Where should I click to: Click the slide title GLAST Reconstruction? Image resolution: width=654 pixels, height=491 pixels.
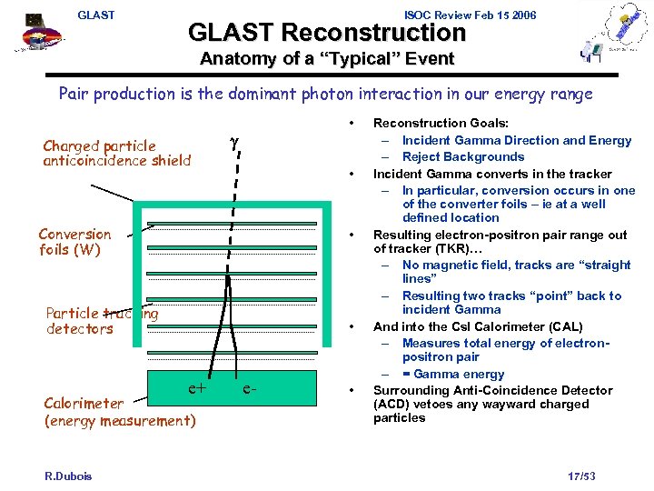click(x=326, y=34)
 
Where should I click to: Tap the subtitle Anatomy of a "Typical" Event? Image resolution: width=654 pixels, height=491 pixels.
click(x=326, y=60)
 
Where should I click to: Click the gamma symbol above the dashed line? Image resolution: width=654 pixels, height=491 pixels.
click(x=234, y=144)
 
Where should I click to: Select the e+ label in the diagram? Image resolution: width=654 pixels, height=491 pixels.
click(x=197, y=388)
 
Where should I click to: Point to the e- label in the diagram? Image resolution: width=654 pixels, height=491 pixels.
click(x=251, y=388)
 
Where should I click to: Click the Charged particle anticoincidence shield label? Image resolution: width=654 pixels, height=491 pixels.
click(x=117, y=153)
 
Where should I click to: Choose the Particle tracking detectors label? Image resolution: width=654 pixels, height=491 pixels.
click(x=100, y=321)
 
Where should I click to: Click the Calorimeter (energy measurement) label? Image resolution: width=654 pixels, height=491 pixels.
click(x=118, y=412)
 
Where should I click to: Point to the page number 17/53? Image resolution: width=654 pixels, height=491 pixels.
click(x=580, y=476)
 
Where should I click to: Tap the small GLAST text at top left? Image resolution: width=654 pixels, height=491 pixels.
click(x=96, y=15)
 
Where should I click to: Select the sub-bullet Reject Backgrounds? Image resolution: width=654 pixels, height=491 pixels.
click(x=463, y=156)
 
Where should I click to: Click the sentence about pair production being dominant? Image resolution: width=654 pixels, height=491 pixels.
click(x=325, y=94)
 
